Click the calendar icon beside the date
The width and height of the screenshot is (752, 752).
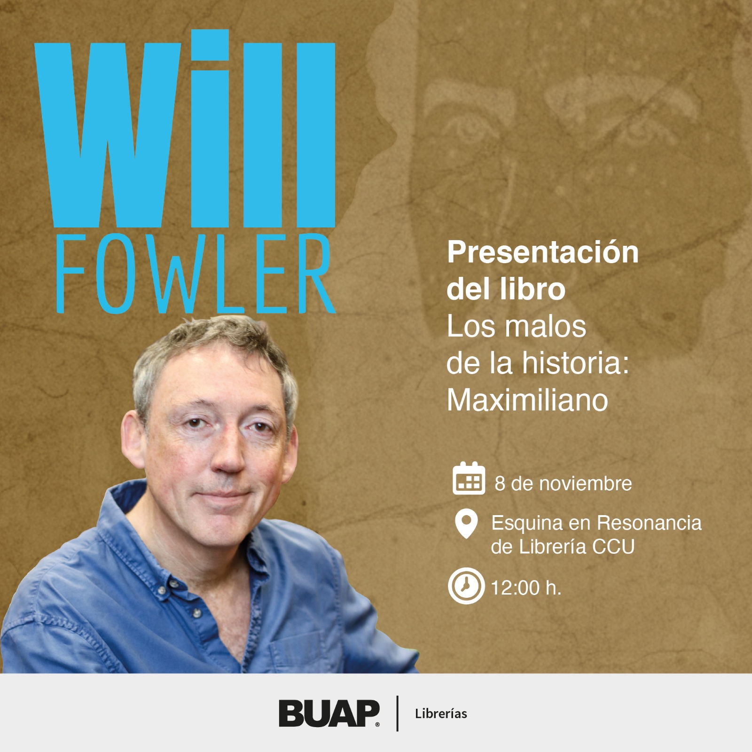[x=469, y=478]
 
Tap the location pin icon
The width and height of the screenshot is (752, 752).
[x=466, y=523]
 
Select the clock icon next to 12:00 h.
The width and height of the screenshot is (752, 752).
[x=466, y=586]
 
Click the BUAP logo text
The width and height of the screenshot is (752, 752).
[x=329, y=713]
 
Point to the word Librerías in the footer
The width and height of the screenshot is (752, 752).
[x=441, y=713]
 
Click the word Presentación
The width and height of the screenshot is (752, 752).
[x=543, y=252]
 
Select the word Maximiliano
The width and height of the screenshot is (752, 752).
[x=527, y=400]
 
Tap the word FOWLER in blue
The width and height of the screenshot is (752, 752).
[x=196, y=273]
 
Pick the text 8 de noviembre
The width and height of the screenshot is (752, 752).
[x=563, y=484]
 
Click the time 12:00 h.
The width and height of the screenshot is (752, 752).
[x=526, y=587]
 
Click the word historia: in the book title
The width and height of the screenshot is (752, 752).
[x=576, y=363]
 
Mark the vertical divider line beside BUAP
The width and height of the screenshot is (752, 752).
[x=398, y=713]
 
